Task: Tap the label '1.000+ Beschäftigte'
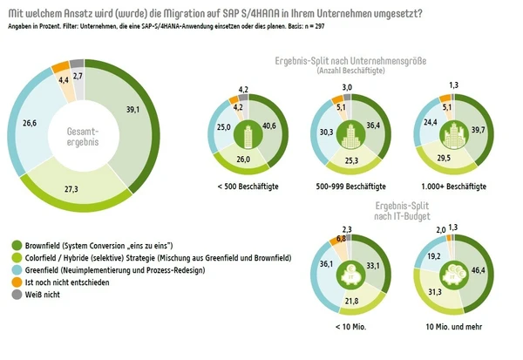pyautogui.click(x=452, y=187)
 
